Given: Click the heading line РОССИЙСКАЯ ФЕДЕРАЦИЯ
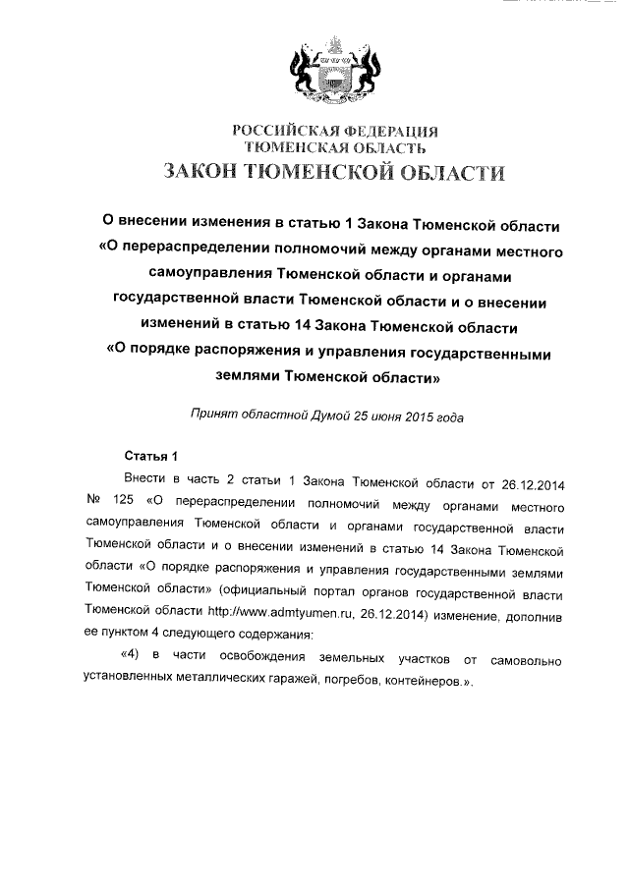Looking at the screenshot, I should coord(334,132).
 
